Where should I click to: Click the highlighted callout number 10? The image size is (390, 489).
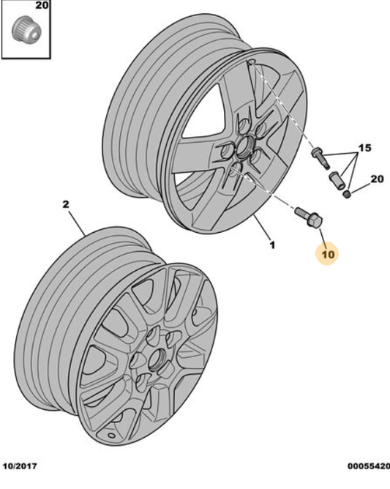[x=326, y=254]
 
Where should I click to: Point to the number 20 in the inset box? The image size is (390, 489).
[x=42, y=6]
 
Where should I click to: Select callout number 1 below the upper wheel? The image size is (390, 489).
[x=271, y=245]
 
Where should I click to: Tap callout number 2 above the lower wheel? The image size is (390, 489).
[x=65, y=206]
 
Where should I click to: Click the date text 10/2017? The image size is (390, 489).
[x=20, y=466]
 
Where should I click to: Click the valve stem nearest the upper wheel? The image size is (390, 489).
[x=319, y=156]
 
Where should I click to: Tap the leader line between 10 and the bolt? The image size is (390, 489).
[x=319, y=236]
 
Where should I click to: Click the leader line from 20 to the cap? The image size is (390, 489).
[x=361, y=187]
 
